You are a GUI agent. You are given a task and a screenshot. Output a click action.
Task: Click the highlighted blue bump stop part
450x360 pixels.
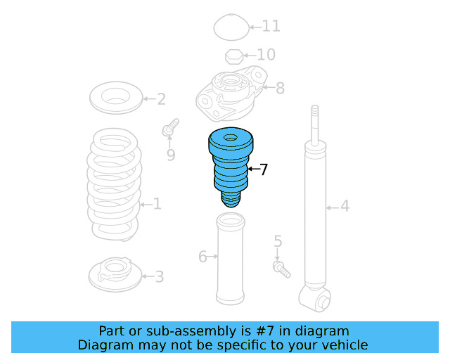pyautogui.click(x=231, y=167)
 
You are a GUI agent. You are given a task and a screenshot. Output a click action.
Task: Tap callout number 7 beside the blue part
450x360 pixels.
pyautogui.click(x=264, y=169)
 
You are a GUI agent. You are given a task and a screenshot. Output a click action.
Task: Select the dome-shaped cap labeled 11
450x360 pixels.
pyautogui.click(x=231, y=27)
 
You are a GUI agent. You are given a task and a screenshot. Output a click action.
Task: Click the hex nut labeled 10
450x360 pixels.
pyautogui.click(x=234, y=56)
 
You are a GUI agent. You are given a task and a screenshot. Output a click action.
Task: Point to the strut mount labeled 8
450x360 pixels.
pyautogui.click(x=231, y=94)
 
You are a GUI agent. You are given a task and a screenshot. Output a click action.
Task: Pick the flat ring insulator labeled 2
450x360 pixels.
pyautogui.click(x=116, y=98)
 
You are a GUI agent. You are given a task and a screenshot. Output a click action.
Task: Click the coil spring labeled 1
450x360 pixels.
pyautogui.click(x=114, y=184)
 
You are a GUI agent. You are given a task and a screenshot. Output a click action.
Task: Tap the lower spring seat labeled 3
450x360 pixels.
pyautogui.click(x=115, y=274)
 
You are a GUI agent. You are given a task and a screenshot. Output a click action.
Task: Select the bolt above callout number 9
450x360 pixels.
pyautogui.click(x=170, y=127)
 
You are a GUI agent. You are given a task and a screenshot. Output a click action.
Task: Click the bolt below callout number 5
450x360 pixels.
pyautogui.click(x=281, y=269)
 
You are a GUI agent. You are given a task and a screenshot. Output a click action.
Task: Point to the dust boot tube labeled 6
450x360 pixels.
pyautogui.click(x=230, y=258)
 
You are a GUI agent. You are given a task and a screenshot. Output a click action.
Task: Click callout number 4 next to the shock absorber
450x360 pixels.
pyautogui.click(x=345, y=206)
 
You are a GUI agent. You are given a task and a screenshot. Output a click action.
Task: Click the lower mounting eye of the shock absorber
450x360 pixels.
pyautogui.click(x=315, y=299)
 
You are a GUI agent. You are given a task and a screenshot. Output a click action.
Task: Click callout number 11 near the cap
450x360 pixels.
pyautogui.click(x=271, y=26)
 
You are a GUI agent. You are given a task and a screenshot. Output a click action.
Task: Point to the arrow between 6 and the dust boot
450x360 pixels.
pyautogui.click(x=212, y=256)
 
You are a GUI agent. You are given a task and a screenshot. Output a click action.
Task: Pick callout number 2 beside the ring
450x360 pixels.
pyautogui.click(x=161, y=99)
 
